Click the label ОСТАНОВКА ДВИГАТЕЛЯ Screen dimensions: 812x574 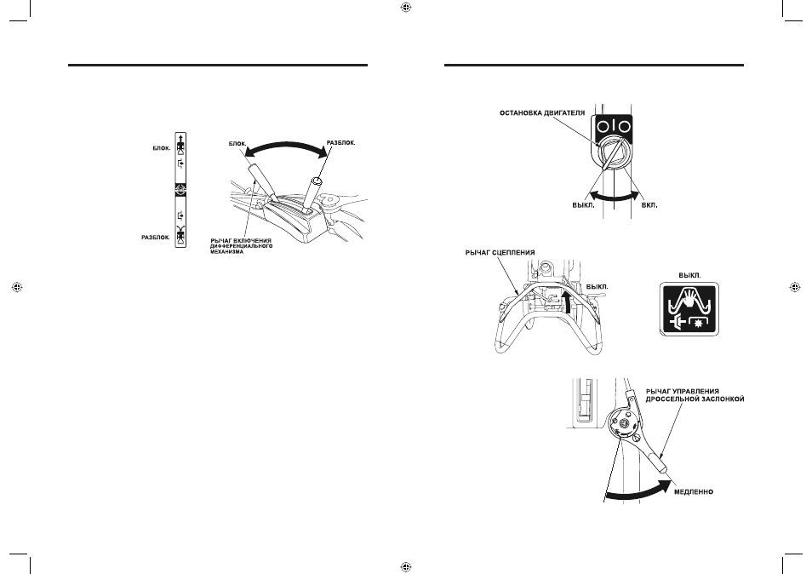click(541, 113)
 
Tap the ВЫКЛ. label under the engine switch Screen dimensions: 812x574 click(584, 205)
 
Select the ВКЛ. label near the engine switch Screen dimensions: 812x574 click(649, 205)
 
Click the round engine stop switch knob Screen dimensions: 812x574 click(614, 154)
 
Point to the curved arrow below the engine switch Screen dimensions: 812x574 click(615, 197)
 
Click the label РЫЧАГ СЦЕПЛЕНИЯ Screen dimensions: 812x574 click(500, 253)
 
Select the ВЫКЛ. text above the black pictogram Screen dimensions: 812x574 click(689, 276)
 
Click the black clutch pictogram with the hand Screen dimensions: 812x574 click(689, 309)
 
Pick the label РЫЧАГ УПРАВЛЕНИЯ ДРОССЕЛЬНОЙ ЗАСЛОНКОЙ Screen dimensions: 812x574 click(695, 395)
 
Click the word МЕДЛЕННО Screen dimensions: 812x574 click(694, 491)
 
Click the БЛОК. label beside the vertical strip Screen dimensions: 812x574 click(162, 148)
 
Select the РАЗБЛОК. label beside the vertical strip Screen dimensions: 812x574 click(156, 238)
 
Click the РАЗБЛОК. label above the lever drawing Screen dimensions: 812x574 click(340, 143)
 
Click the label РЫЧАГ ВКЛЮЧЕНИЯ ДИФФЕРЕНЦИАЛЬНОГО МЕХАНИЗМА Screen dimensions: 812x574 click(242, 246)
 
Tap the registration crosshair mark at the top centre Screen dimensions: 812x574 click(406, 7)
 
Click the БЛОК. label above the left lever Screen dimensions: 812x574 click(237, 143)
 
